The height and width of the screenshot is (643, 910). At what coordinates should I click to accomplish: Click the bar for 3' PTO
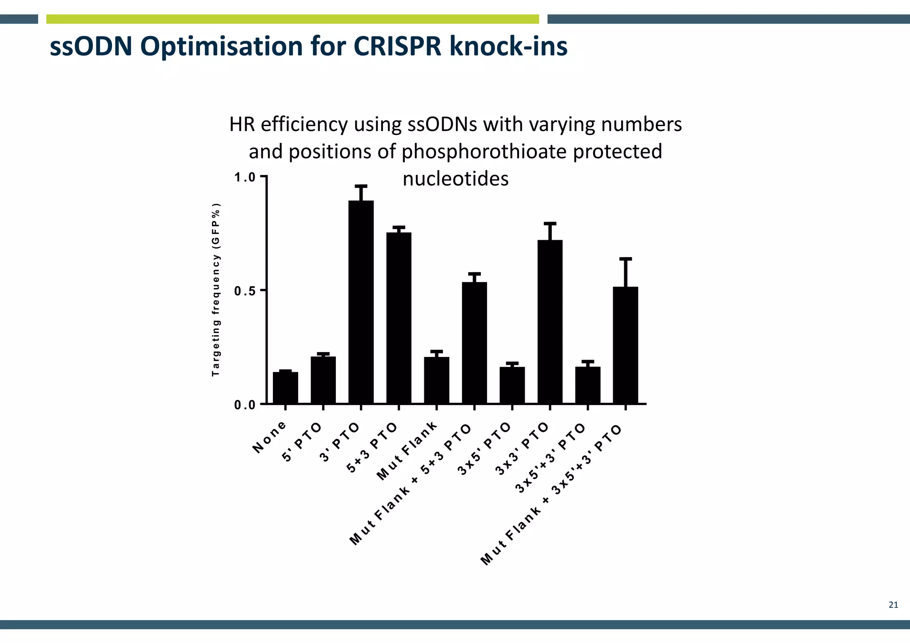click(x=361, y=302)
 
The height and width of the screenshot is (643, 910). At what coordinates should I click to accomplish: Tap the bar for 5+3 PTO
click(x=399, y=318)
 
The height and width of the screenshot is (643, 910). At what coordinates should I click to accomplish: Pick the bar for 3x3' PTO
click(x=550, y=321)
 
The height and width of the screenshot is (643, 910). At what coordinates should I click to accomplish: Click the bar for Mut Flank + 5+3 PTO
click(x=474, y=342)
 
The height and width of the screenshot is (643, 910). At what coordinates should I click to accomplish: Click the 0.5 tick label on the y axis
click(x=245, y=291)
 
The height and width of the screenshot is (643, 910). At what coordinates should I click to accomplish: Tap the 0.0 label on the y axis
click(x=245, y=405)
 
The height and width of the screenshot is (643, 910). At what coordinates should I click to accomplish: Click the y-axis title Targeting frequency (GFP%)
click(x=216, y=290)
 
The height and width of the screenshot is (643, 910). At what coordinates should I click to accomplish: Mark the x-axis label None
click(x=269, y=437)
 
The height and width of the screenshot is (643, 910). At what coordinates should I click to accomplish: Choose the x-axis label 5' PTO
click(x=302, y=442)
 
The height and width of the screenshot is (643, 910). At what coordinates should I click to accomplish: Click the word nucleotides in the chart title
click(x=455, y=179)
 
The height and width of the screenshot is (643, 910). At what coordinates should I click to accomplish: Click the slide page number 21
click(x=893, y=605)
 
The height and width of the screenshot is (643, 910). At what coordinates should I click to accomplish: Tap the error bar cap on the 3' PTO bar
click(x=361, y=186)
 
